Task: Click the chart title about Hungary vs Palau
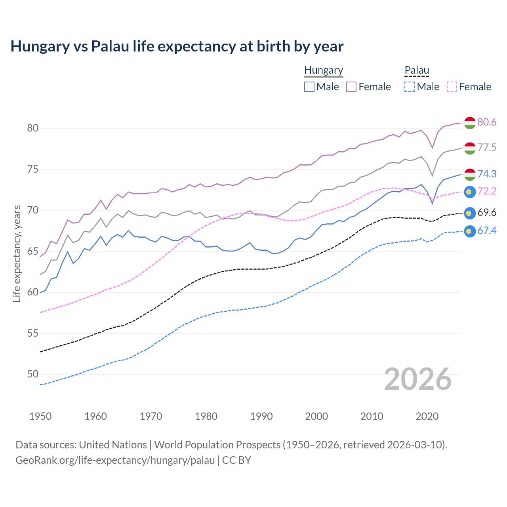click(x=177, y=46)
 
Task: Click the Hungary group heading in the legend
click(x=323, y=71)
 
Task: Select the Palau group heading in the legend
click(x=417, y=71)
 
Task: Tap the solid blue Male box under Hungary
click(x=309, y=87)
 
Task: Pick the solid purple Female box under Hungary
click(x=351, y=87)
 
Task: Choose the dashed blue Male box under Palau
click(x=410, y=87)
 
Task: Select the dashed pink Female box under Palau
click(x=452, y=87)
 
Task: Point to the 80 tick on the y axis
click(x=32, y=128)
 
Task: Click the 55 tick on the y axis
click(x=32, y=333)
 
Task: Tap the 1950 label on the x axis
click(x=40, y=416)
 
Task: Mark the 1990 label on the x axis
click(x=261, y=416)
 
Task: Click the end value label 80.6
click(x=487, y=122)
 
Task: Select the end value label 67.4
click(x=487, y=231)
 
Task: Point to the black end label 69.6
click(x=487, y=213)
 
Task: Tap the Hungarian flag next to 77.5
click(x=470, y=148)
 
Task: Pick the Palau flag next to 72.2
click(x=470, y=192)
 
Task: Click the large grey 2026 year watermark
click(x=417, y=379)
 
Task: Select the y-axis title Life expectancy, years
click(x=17, y=253)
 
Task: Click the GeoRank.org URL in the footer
click(x=115, y=460)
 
